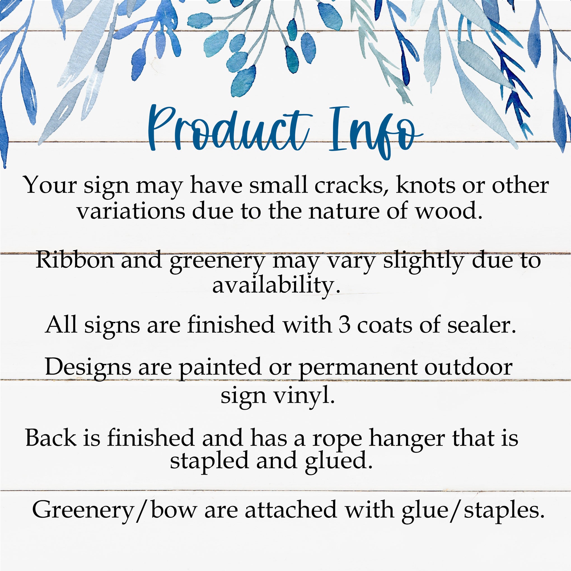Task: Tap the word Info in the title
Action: pos(375,132)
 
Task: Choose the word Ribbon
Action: pos(75,260)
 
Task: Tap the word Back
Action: pos(51,438)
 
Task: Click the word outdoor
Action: pos(469,367)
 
